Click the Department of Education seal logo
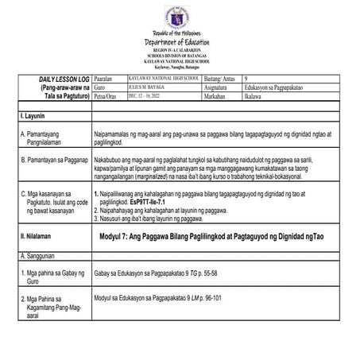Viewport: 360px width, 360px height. tap(180, 17)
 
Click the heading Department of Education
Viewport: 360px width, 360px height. tap(180, 41)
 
